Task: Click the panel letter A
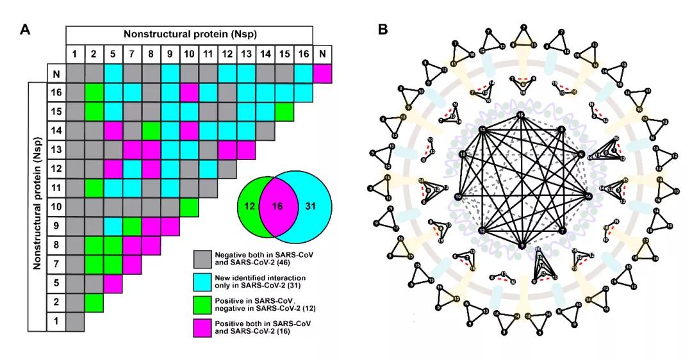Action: point(25,29)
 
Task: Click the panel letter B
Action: point(383,29)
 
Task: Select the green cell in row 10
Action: point(188,207)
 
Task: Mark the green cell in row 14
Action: point(151,131)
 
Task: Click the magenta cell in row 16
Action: point(188,94)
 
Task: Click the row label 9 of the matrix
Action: point(56,226)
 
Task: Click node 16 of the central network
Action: point(521,115)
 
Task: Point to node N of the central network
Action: point(581,154)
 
